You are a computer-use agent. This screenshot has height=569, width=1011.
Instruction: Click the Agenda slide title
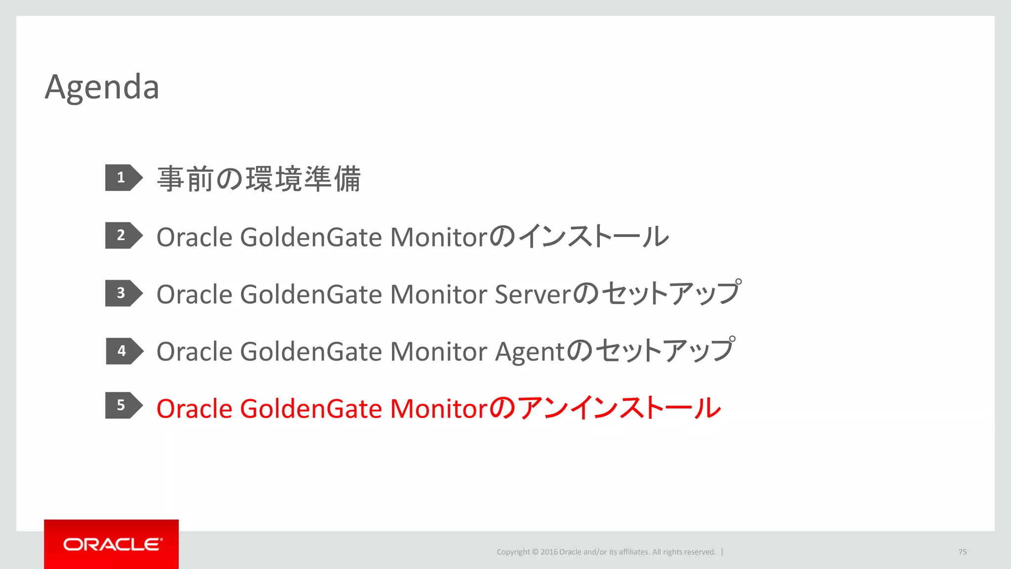tap(102, 87)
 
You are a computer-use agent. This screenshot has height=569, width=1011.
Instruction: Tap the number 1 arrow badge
tap(122, 178)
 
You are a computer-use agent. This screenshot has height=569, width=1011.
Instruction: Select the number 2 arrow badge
tap(122, 236)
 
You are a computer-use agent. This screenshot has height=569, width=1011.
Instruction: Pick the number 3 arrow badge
tap(122, 293)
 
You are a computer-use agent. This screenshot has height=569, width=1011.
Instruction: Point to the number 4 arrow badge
tap(123, 351)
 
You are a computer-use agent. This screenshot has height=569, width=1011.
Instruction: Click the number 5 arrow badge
tap(122, 406)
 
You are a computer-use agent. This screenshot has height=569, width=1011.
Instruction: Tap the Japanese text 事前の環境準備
tap(259, 179)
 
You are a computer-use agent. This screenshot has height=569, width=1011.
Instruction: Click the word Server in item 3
tap(532, 295)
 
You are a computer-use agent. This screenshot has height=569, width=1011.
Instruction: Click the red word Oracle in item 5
tap(194, 409)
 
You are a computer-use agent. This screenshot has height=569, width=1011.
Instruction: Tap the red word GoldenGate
tap(311, 409)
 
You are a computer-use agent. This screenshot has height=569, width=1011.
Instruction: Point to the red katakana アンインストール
tap(619, 408)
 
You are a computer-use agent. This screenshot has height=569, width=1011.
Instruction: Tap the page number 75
tap(962, 552)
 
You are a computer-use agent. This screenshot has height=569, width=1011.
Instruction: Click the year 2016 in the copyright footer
tap(548, 552)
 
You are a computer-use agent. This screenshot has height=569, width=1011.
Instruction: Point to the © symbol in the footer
tap(535, 552)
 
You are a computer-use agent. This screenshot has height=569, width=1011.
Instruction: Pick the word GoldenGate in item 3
tap(311, 295)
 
